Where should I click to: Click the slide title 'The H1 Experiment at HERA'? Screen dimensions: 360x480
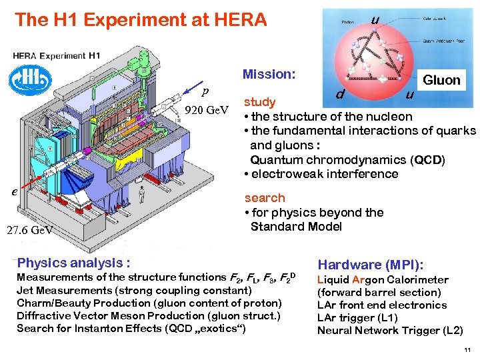[x=141, y=20]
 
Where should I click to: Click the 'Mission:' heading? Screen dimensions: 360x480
[x=269, y=74]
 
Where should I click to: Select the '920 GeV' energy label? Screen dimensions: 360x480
[x=207, y=109]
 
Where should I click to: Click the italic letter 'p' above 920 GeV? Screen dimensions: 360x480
[x=205, y=91]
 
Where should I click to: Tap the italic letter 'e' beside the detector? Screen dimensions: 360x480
[x=14, y=191]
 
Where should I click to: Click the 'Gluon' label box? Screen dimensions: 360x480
[x=441, y=80]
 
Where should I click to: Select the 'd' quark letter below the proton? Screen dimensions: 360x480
[x=339, y=95]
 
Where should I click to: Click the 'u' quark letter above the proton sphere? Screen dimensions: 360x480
[x=375, y=20]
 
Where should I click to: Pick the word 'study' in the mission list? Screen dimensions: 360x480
[x=260, y=102]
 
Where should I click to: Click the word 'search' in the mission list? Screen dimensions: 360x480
[x=265, y=198]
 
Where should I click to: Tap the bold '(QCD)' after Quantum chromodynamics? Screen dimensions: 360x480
[x=428, y=160]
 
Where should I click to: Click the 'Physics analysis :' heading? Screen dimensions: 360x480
[x=73, y=263]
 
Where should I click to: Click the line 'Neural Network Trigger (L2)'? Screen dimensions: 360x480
[x=389, y=331]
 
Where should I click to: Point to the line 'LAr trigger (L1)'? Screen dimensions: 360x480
[x=359, y=318]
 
